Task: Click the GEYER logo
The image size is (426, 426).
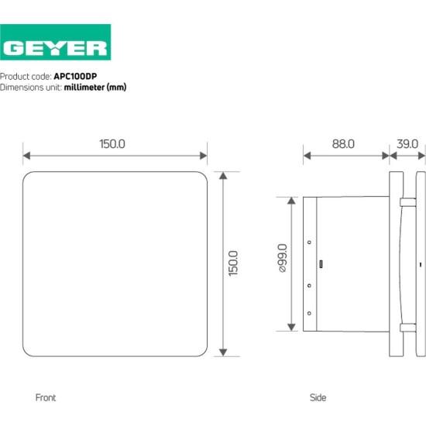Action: (x=55, y=47)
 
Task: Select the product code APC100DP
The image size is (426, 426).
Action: (x=75, y=77)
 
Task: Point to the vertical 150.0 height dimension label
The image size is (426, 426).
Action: (x=233, y=264)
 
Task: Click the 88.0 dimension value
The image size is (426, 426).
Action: (x=344, y=143)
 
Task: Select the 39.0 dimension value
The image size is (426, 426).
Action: (x=407, y=143)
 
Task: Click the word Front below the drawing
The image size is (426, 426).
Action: (x=46, y=397)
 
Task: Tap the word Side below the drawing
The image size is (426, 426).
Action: (x=318, y=397)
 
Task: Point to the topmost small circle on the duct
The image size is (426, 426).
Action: (x=310, y=242)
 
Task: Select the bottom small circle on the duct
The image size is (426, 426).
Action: (x=310, y=312)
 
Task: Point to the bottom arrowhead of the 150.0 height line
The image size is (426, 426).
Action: (x=223, y=352)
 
